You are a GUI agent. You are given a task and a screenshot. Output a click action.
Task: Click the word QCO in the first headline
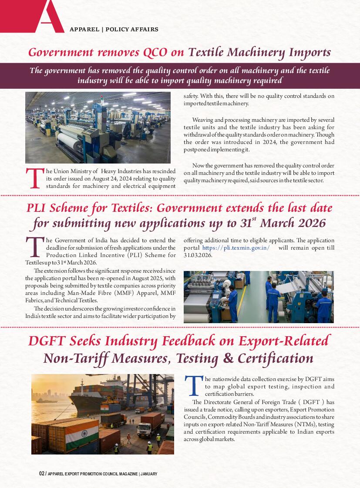(155, 53)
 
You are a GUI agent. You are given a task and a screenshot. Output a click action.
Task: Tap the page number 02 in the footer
(41, 474)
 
